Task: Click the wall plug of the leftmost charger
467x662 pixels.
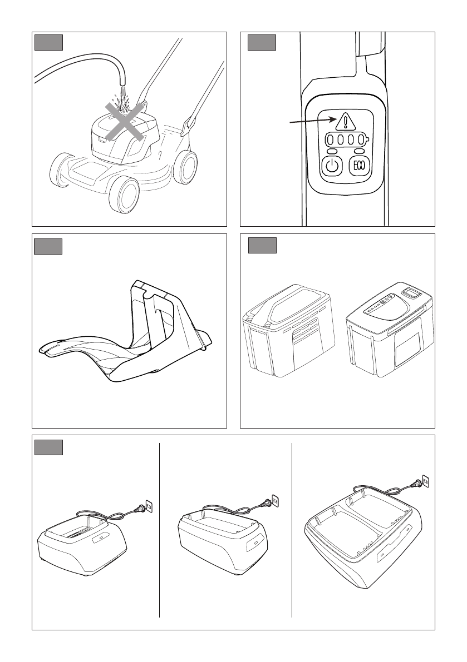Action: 148,506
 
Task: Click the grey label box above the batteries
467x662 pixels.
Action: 262,245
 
